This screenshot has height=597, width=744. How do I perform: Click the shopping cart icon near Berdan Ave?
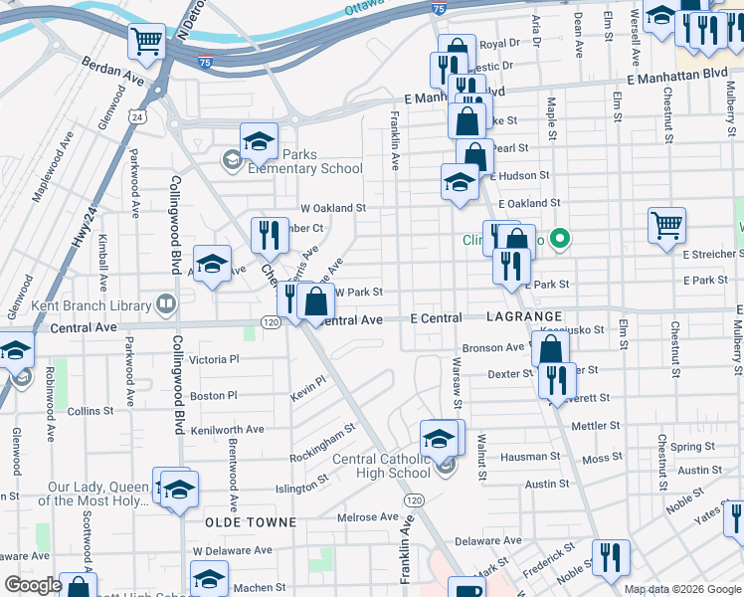(x=146, y=41)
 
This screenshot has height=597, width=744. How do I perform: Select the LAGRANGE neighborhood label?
(x=526, y=315)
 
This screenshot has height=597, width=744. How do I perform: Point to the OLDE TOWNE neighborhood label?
(x=250, y=522)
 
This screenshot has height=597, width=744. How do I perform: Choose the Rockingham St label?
(x=322, y=444)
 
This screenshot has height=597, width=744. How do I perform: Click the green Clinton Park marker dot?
(x=560, y=239)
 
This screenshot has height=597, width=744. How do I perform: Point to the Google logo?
(x=33, y=585)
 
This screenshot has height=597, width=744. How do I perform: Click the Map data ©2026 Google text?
(x=682, y=589)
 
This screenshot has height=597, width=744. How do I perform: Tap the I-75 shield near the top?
(x=439, y=8)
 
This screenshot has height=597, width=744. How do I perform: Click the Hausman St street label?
(x=532, y=458)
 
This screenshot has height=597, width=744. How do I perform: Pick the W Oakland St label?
(x=333, y=209)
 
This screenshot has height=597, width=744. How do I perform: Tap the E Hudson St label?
(x=521, y=175)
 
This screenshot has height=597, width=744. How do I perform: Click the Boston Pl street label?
(x=214, y=396)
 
